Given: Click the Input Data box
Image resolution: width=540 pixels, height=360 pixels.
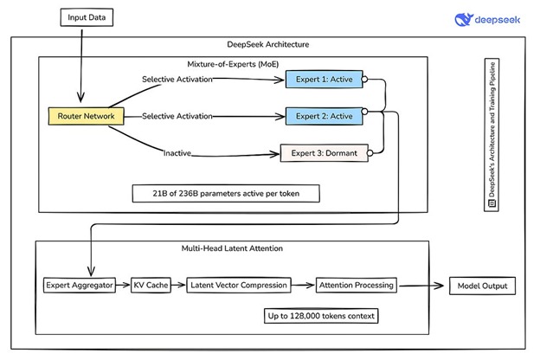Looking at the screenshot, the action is [87, 17].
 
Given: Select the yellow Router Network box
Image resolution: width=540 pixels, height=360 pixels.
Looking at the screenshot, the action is [86, 116].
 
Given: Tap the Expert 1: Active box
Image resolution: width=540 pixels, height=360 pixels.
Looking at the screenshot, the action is [324, 80].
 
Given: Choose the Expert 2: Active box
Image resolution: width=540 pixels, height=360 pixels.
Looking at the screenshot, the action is [324, 116].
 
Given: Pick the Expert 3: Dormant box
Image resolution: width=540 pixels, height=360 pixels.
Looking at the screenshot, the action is [325, 153].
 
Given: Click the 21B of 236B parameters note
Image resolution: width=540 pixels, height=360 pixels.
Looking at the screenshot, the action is [226, 194].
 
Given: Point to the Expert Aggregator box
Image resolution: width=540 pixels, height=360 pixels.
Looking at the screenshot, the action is [80, 286].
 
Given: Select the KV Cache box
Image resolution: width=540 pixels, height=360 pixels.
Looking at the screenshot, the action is [151, 286].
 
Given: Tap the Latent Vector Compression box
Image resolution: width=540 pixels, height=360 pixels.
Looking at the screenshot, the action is [239, 286].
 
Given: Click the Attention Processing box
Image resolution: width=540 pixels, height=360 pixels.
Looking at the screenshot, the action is [357, 286].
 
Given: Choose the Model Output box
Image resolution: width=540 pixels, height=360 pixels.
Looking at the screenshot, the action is [483, 286].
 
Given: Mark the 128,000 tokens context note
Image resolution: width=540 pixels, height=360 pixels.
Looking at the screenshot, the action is [321, 316].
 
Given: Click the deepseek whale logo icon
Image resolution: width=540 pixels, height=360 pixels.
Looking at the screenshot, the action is [464, 20].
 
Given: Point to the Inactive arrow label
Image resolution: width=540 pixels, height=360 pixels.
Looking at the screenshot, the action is [177, 153].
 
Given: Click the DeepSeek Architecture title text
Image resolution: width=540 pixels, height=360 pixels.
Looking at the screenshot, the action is [268, 44].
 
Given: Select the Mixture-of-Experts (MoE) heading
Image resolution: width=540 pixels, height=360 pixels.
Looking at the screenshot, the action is [233, 64].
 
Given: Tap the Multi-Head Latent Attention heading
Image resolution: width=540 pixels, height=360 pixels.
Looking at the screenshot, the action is [232, 248].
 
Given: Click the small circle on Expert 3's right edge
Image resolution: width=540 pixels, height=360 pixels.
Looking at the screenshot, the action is [370, 153].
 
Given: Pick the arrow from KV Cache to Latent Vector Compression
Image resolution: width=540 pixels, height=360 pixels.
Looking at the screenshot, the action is [178, 286].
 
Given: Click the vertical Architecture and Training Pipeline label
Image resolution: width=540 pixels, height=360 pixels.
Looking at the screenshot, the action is [492, 134].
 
